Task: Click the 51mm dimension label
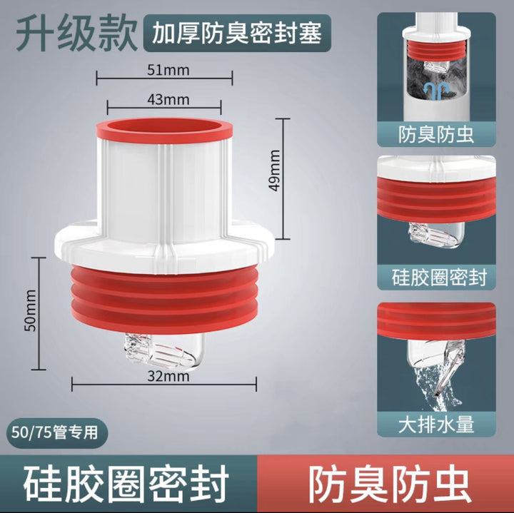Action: (x=168, y=70)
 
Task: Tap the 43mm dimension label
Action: (x=168, y=99)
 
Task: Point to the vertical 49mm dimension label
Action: (x=274, y=171)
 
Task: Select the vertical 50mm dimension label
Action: (x=31, y=310)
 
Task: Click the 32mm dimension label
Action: (x=168, y=376)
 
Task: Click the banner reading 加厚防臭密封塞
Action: (x=237, y=33)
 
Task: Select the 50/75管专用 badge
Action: (x=55, y=433)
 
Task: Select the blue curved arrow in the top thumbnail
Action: (x=435, y=90)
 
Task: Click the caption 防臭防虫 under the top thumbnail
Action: (x=436, y=134)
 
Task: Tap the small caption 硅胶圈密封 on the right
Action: (x=439, y=277)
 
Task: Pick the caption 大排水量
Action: (x=436, y=425)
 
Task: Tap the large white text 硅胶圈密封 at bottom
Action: (x=126, y=484)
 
